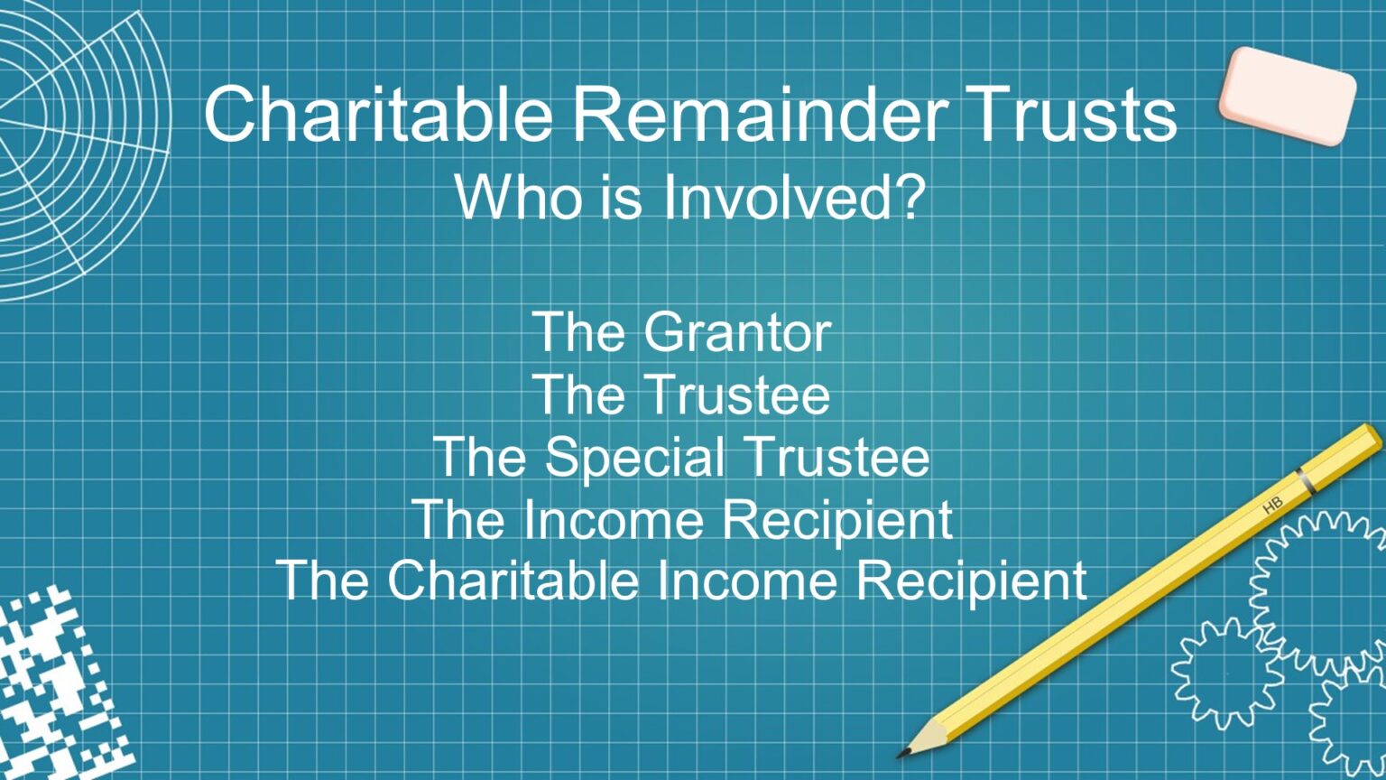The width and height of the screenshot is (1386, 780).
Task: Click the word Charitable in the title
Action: coord(378,115)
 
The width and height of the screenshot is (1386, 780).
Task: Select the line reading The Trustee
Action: coord(681,395)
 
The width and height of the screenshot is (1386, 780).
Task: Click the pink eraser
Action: coord(1287,95)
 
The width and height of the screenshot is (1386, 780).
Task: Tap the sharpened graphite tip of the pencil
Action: coord(902,752)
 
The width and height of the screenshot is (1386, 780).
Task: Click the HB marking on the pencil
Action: coord(1272,506)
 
